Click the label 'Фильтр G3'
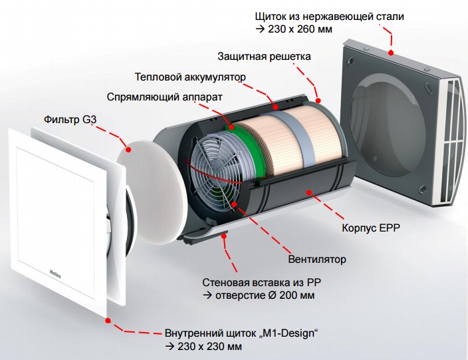(70, 120)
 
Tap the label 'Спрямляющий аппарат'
(164, 97)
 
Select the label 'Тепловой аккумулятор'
(190, 77)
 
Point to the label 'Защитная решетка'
(264, 57)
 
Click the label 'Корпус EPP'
(371, 228)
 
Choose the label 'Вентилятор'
(317, 259)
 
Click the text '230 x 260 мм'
(300, 29)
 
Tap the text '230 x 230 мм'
(209, 347)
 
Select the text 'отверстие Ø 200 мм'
(265, 295)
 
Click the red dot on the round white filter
(129, 150)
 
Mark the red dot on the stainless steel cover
(391, 53)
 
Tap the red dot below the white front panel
(108, 320)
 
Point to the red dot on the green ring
(231, 128)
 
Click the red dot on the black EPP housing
(308, 192)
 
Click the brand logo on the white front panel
(55, 273)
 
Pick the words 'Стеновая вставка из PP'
(261, 282)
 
